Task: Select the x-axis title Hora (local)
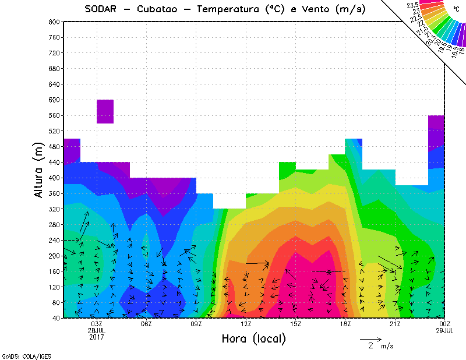[x=253, y=338]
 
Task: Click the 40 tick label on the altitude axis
[x=57, y=318]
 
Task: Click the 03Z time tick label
[x=97, y=324]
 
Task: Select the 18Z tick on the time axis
[x=345, y=324]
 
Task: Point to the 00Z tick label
[x=445, y=324]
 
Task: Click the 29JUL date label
[x=445, y=330]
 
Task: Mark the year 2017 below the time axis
[x=97, y=337]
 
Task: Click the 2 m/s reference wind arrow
[x=370, y=338]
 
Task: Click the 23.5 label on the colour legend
[x=413, y=5]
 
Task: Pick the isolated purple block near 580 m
[x=105, y=111]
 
